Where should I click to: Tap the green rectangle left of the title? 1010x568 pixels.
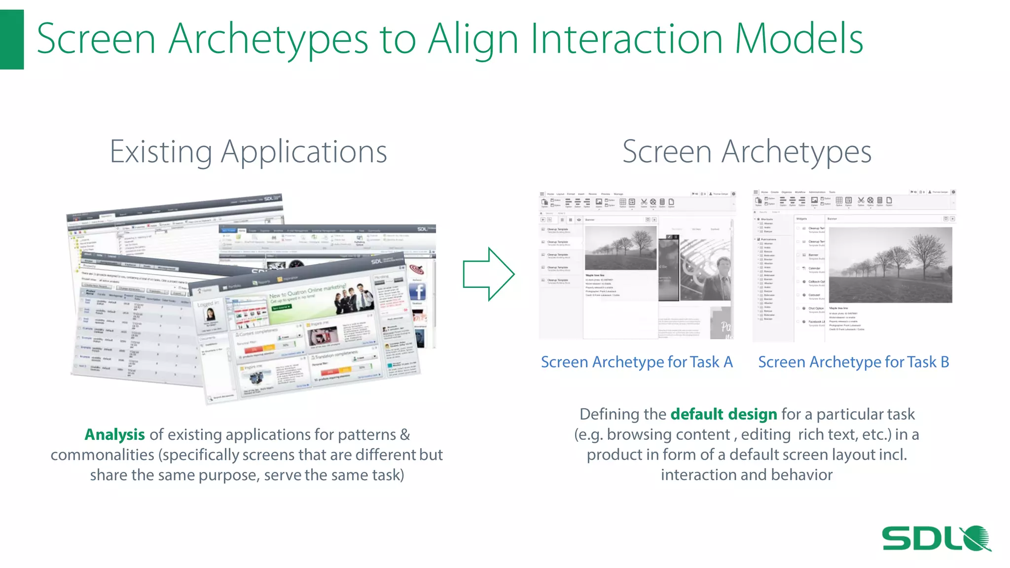tap(11, 39)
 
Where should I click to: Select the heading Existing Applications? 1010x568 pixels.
tap(248, 152)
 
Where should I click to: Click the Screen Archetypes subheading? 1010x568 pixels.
tap(747, 152)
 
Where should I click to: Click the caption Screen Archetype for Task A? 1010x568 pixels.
tap(637, 362)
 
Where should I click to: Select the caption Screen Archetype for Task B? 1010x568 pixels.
tap(853, 362)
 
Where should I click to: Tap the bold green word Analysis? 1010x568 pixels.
tap(114, 434)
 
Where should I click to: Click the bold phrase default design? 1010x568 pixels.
tap(723, 414)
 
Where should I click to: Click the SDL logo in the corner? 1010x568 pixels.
tap(936, 538)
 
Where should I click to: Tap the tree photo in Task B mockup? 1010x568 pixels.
tap(890, 265)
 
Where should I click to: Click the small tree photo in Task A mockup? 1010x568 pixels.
tap(620, 248)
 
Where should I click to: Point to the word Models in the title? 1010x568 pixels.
tap(799, 39)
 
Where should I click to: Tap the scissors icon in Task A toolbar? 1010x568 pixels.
tap(644, 202)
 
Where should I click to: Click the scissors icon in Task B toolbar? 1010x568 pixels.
tap(861, 200)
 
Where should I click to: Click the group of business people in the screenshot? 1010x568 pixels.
tap(353, 298)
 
